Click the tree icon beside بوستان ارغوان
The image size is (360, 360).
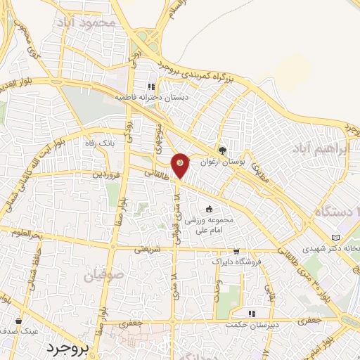(223, 150)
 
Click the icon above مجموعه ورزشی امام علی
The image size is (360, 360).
(208, 209)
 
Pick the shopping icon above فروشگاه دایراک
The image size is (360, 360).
(236, 251)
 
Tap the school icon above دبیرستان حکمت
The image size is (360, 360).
(250, 314)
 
